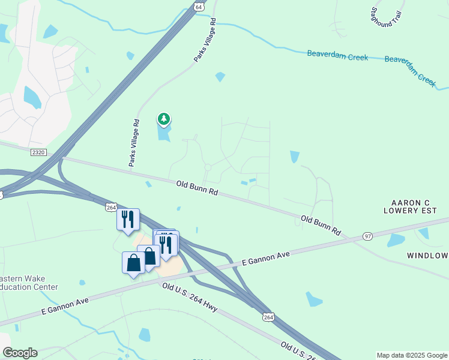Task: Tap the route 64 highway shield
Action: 199,5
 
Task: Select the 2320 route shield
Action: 38,153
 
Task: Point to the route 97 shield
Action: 368,236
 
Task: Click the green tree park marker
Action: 163,119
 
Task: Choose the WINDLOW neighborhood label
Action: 427,256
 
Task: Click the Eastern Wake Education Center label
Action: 29,283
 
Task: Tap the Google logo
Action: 19,352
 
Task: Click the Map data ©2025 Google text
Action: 412,355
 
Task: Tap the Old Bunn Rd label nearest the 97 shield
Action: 321,225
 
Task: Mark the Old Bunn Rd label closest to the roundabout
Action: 197,189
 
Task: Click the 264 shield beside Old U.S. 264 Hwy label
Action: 268,317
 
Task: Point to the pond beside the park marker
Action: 164,133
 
